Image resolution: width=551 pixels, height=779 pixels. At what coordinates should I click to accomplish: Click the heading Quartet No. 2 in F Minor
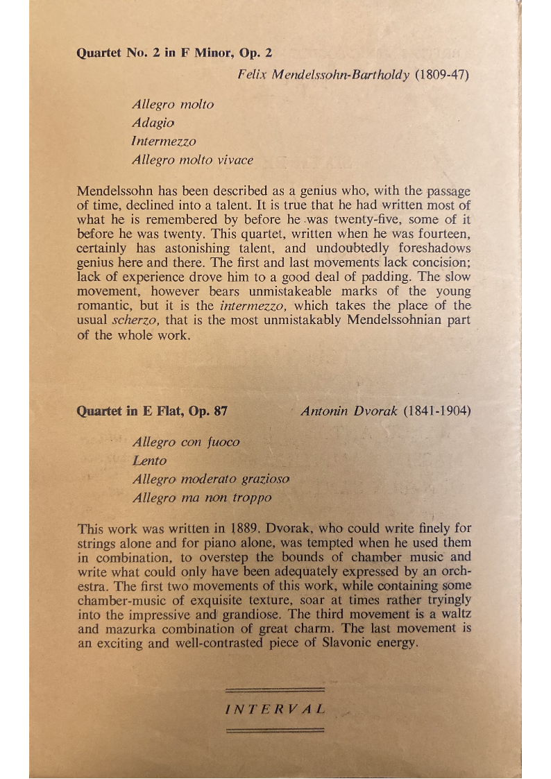click(174, 53)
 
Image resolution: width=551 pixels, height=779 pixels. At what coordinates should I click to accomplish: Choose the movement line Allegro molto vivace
click(192, 160)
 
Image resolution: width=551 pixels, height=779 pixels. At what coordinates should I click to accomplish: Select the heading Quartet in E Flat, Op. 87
click(152, 411)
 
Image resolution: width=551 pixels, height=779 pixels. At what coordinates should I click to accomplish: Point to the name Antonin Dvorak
click(349, 411)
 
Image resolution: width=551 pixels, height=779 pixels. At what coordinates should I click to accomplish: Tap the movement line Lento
click(150, 461)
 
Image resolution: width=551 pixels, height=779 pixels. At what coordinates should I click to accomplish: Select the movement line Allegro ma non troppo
click(202, 497)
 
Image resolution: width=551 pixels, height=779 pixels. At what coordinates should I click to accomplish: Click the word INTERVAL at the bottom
click(275, 709)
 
